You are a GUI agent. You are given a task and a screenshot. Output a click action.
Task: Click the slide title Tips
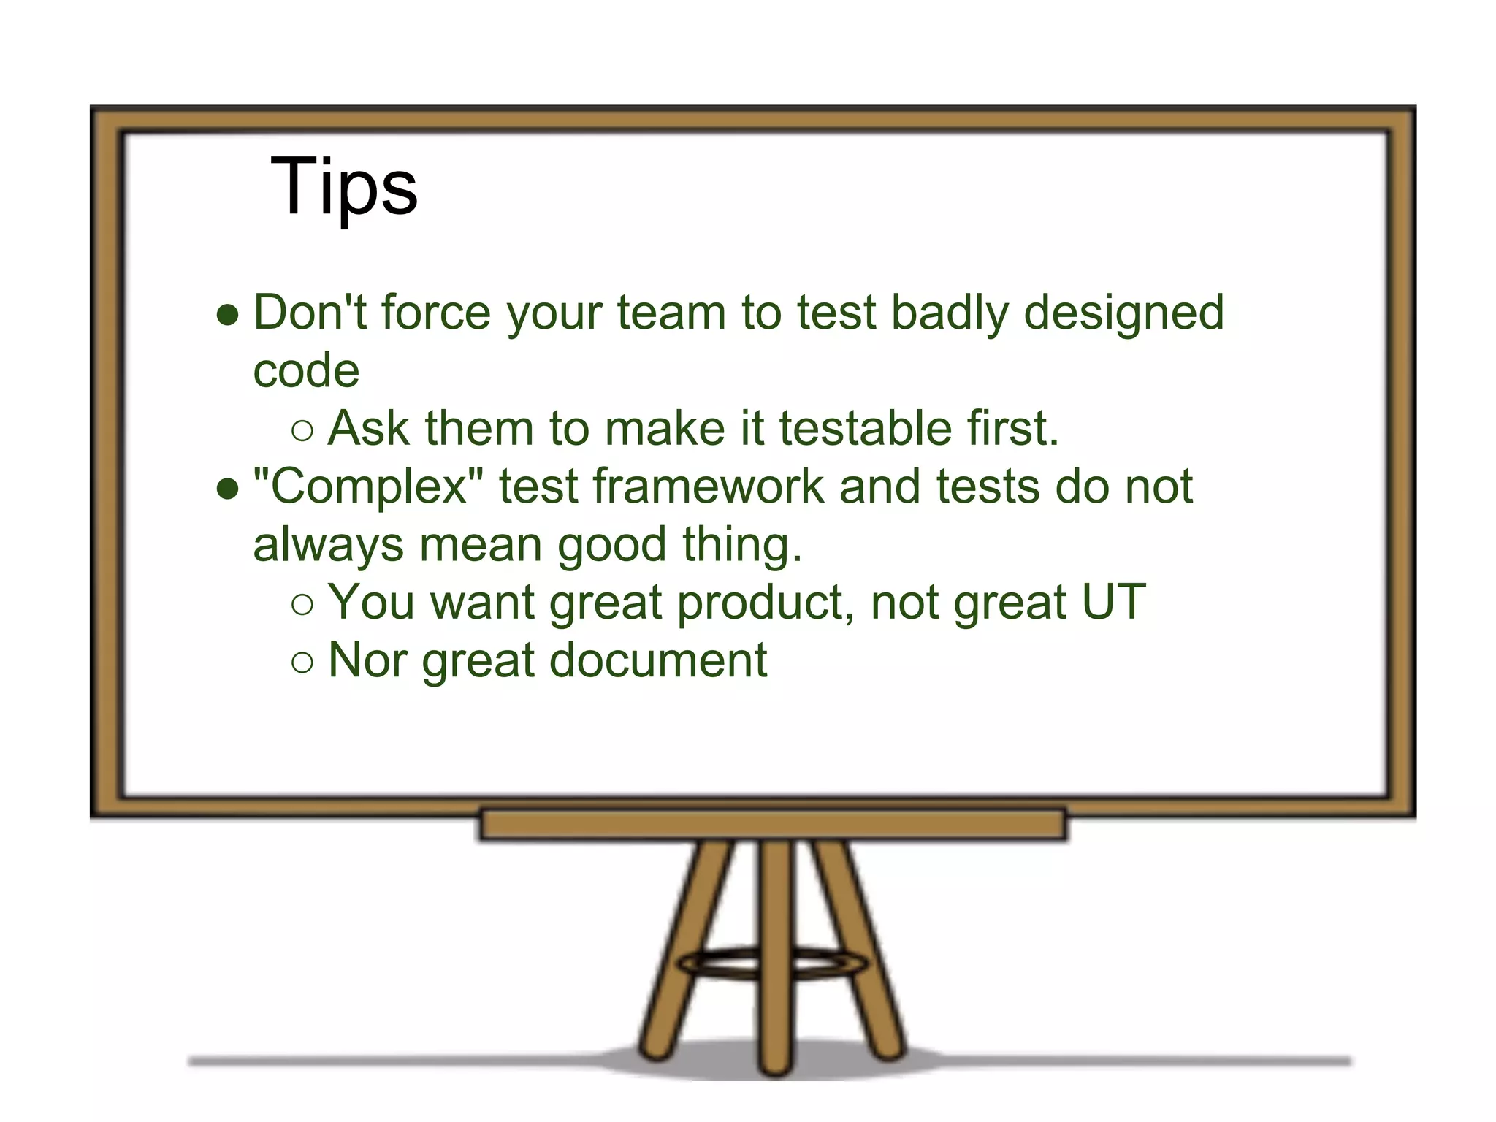tap(343, 187)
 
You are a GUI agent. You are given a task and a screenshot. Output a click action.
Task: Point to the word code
tap(306, 371)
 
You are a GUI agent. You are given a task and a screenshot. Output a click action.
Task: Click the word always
tap(328, 546)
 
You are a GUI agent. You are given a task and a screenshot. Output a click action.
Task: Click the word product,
tap(766, 603)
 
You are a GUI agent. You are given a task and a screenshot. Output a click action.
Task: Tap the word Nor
tap(367, 660)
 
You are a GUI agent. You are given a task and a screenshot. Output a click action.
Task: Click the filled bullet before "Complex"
tap(228, 489)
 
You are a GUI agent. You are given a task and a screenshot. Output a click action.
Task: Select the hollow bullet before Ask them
tap(302, 431)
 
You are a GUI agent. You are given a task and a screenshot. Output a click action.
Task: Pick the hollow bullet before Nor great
tap(302, 663)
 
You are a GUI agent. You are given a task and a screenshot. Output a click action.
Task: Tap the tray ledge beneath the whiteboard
tap(773, 825)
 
